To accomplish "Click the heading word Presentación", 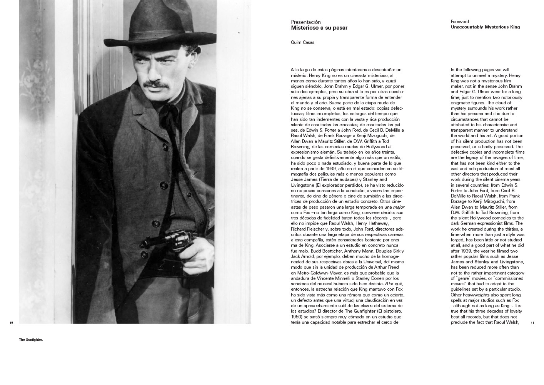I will (x=305, y=22).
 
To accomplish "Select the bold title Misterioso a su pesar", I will (x=319, y=28).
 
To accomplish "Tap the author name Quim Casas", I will (x=302, y=42).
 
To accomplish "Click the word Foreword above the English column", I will (x=460, y=22).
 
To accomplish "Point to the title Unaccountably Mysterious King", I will (x=485, y=27).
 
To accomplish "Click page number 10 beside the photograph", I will (x=11, y=323).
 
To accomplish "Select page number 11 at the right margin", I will (x=532, y=323).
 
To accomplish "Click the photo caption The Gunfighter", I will (x=31, y=340).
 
